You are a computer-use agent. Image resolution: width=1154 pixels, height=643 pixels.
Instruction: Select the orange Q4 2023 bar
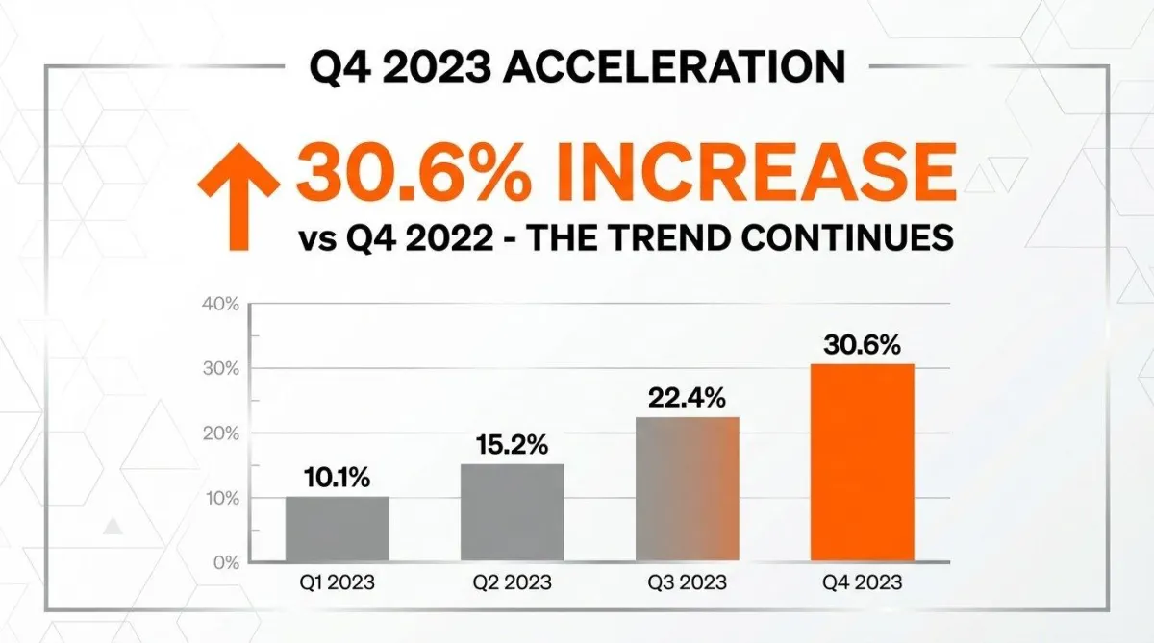tap(863, 462)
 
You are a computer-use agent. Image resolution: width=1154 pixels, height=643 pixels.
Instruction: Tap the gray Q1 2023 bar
tap(338, 529)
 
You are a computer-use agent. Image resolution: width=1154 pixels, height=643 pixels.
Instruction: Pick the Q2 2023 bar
tap(513, 512)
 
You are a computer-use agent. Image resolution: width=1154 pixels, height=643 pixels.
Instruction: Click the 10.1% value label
tap(338, 479)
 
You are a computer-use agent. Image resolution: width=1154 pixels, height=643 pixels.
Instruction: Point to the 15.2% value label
tap(513, 445)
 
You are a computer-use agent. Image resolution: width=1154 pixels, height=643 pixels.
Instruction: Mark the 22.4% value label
tap(687, 398)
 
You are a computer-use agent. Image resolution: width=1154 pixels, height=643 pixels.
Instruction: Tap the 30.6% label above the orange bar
tap(862, 345)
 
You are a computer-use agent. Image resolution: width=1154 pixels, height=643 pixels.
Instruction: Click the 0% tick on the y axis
tap(224, 562)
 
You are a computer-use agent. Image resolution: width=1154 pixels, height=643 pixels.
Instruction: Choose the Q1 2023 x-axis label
tap(338, 582)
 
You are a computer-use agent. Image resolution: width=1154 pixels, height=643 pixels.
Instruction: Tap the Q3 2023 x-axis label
tap(687, 582)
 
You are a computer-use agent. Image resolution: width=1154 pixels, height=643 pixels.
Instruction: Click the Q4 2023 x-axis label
tap(862, 582)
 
